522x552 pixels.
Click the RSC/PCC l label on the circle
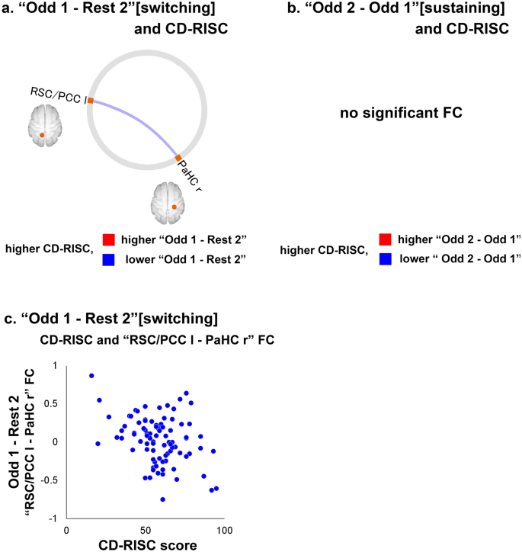pos(56,95)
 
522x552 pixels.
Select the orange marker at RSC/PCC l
pos(90,101)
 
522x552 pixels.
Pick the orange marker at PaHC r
pos(178,159)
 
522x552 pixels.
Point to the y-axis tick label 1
pos(54,367)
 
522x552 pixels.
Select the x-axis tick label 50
pos(145,529)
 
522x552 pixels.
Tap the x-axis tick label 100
pos(223,529)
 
